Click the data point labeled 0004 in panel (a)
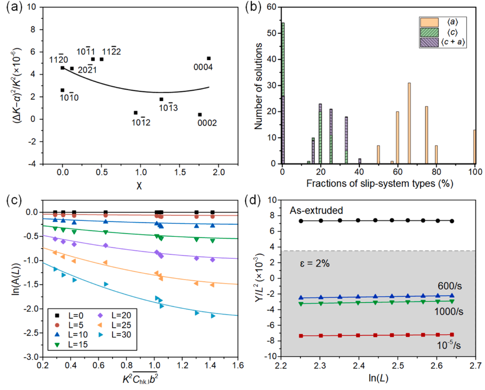(x=209, y=58)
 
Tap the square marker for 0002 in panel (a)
(x=200, y=115)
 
